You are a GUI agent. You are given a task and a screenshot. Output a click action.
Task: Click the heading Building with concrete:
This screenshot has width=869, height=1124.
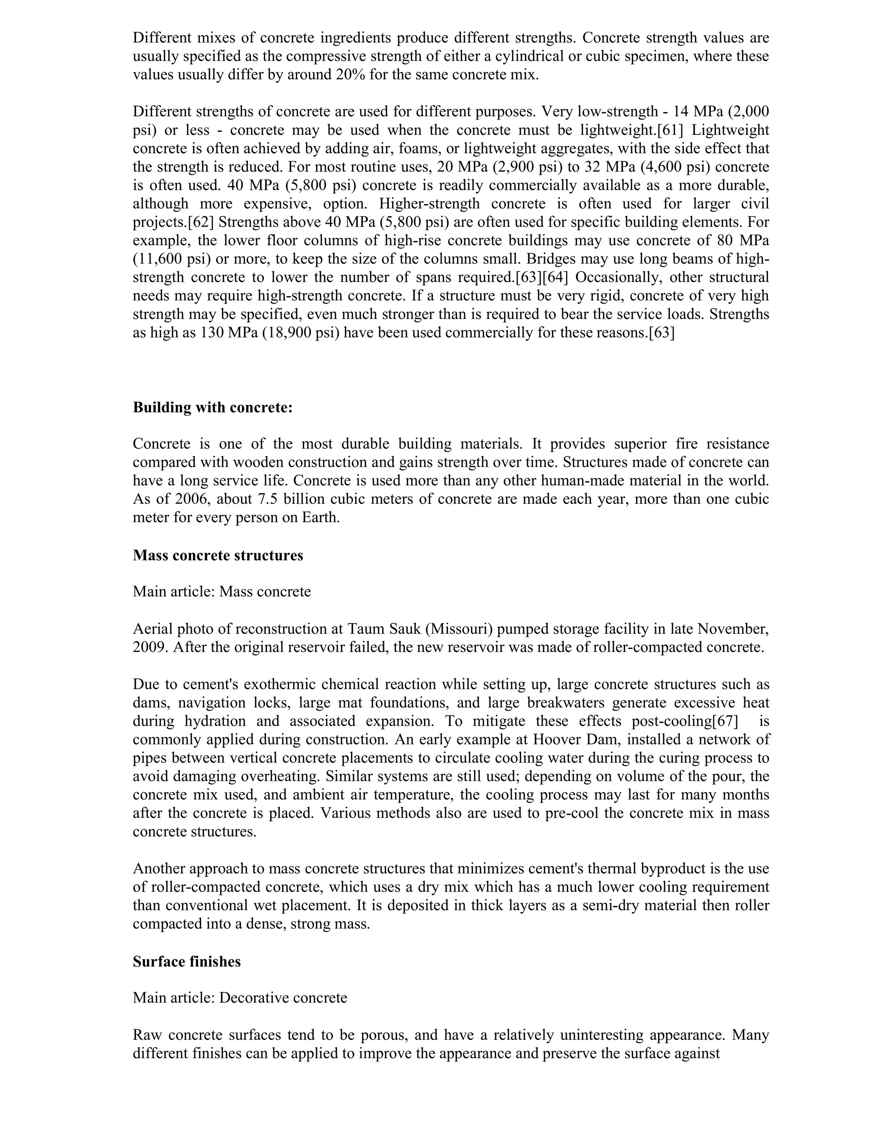tap(213, 407)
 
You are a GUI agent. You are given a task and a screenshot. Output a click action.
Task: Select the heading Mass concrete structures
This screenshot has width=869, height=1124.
tap(218, 555)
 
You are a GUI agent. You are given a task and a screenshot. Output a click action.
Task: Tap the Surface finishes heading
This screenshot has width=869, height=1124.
tap(186, 962)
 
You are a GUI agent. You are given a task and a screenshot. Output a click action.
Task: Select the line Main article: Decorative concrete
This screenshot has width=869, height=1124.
tap(240, 998)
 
